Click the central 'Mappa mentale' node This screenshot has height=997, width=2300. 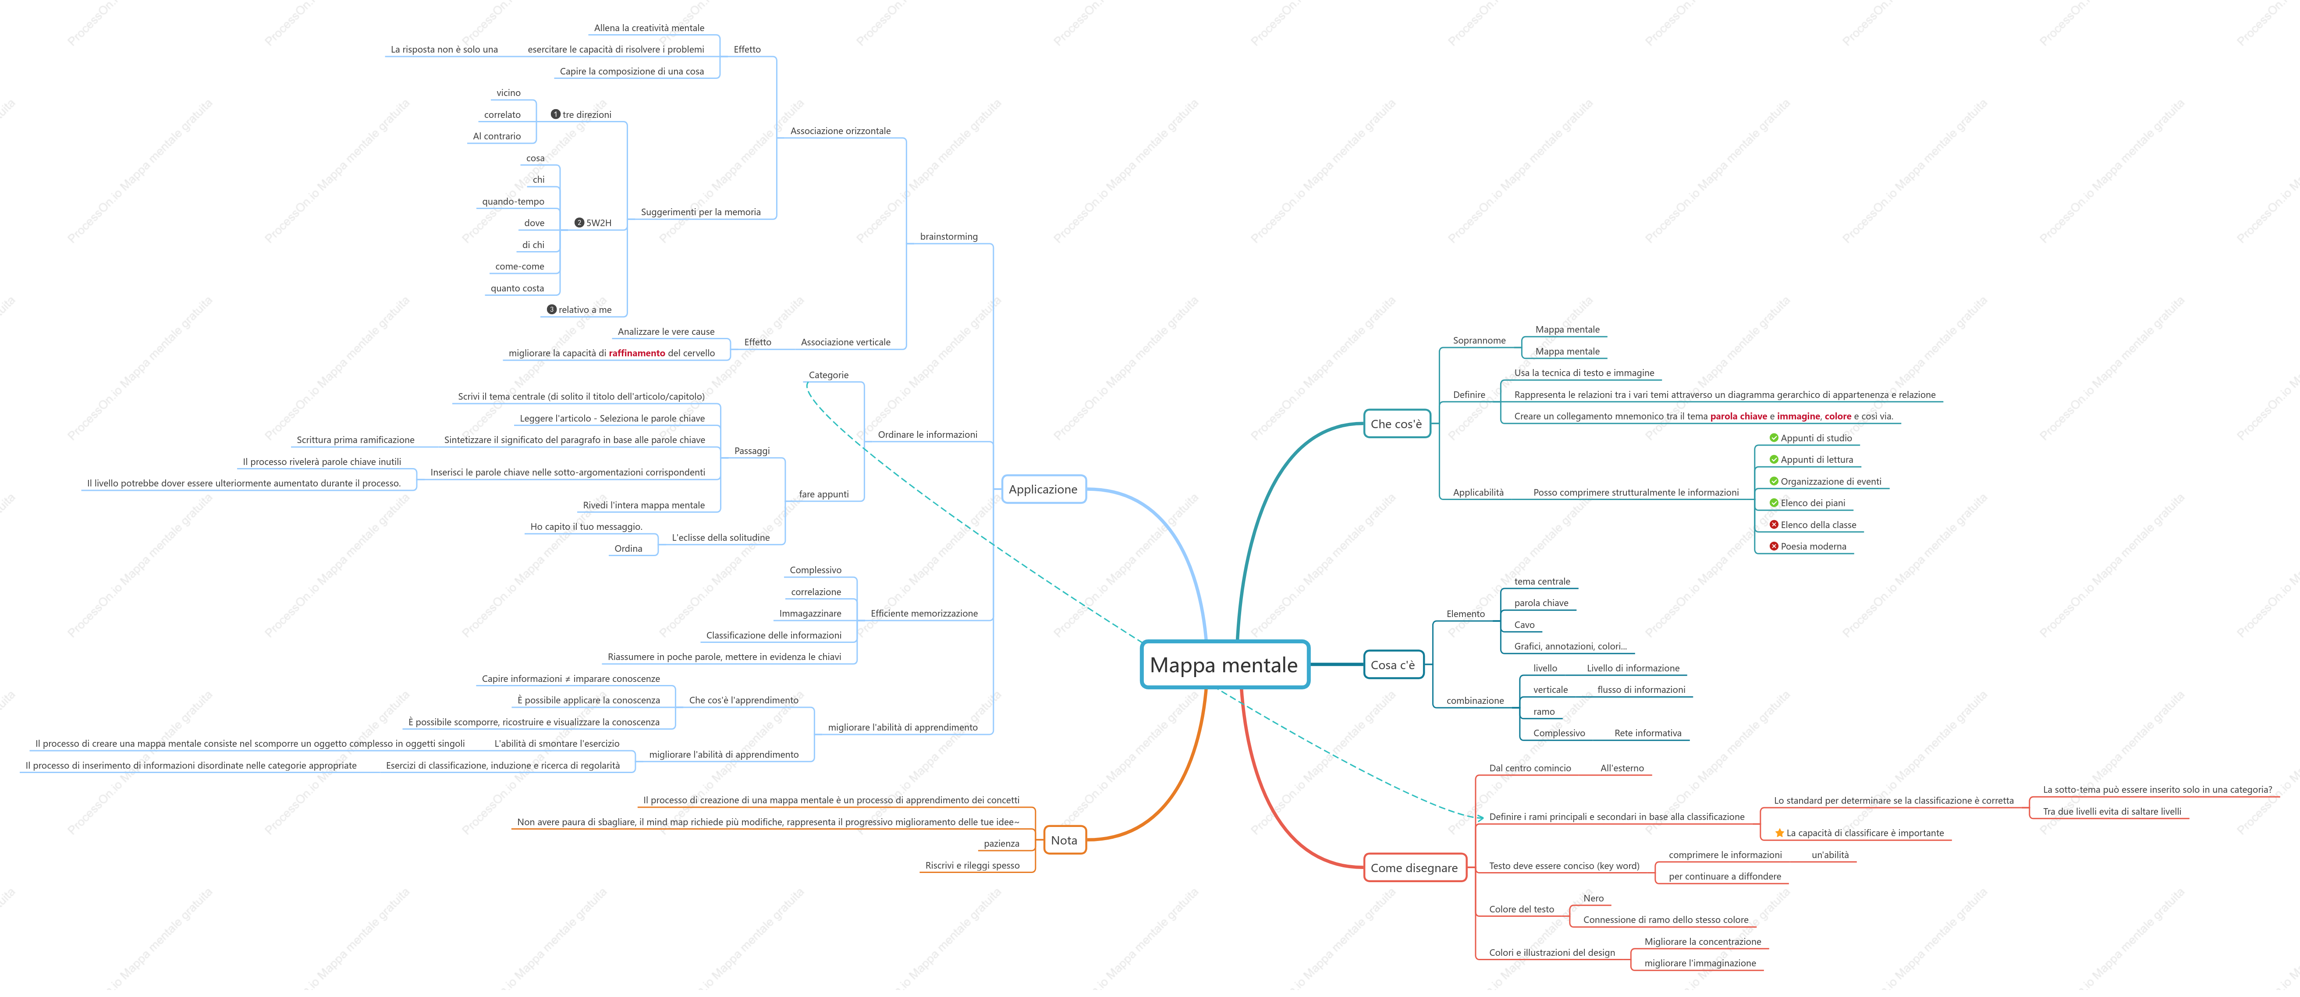tap(1224, 665)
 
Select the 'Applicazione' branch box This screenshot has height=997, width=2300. tap(1043, 489)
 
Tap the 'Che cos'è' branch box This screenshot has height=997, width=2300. tap(1396, 424)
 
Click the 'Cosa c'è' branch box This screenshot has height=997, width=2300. tap(1393, 665)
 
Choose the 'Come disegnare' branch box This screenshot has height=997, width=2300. tap(1414, 868)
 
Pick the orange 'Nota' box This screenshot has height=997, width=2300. tap(1064, 840)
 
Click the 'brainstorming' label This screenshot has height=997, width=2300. tap(948, 237)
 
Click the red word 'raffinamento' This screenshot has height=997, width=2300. tap(637, 354)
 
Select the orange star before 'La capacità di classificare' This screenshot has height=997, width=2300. tap(1779, 833)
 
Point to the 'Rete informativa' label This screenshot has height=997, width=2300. tap(1647, 734)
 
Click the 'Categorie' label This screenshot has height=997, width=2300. tap(829, 375)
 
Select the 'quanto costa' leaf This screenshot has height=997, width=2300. tap(517, 288)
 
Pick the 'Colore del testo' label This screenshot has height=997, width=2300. tap(1522, 909)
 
